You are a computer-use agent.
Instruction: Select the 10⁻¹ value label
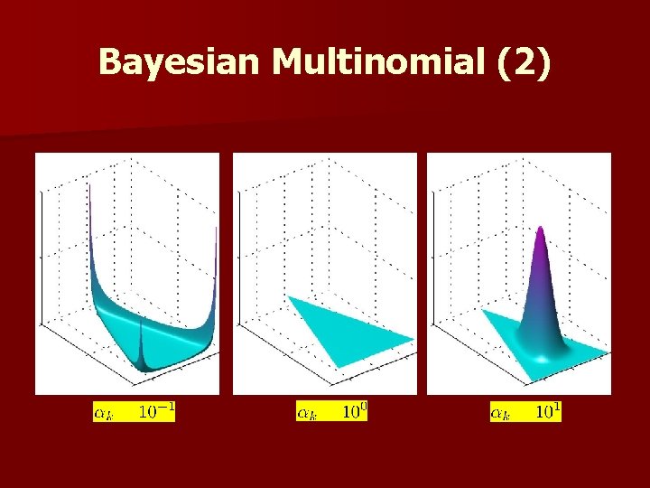click(156, 412)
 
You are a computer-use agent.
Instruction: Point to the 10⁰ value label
click(354, 412)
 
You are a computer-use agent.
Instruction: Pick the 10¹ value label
click(549, 412)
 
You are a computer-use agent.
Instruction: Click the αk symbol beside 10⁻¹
click(105, 413)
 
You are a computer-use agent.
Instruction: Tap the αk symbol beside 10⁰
click(307, 413)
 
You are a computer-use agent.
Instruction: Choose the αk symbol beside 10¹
click(501, 413)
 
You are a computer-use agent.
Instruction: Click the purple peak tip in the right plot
click(541, 230)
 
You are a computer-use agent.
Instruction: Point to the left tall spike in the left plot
click(92, 217)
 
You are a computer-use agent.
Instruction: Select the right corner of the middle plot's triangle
click(413, 340)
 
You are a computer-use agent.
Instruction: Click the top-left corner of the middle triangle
click(289, 296)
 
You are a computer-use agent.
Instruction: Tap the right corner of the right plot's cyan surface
click(608, 350)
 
